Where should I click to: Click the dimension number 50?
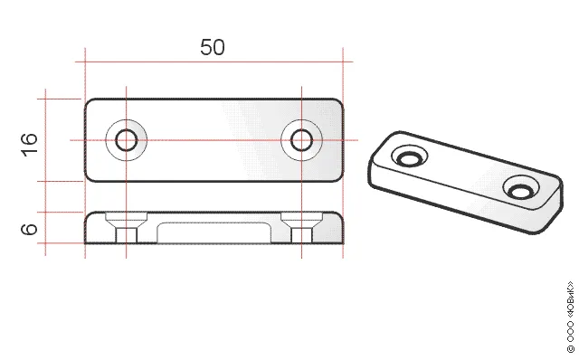click(x=213, y=47)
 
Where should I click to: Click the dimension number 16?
click(x=29, y=145)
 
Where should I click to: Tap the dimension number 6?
click(x=29, y=229)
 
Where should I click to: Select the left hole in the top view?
click(x=127, y=140)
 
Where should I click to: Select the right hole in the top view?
click(x=301, y=140)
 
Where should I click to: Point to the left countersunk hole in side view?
click(x=127, y=227)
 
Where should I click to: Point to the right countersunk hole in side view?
click(x=301, y=227)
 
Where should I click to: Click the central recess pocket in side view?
click(x=214, y=233)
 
